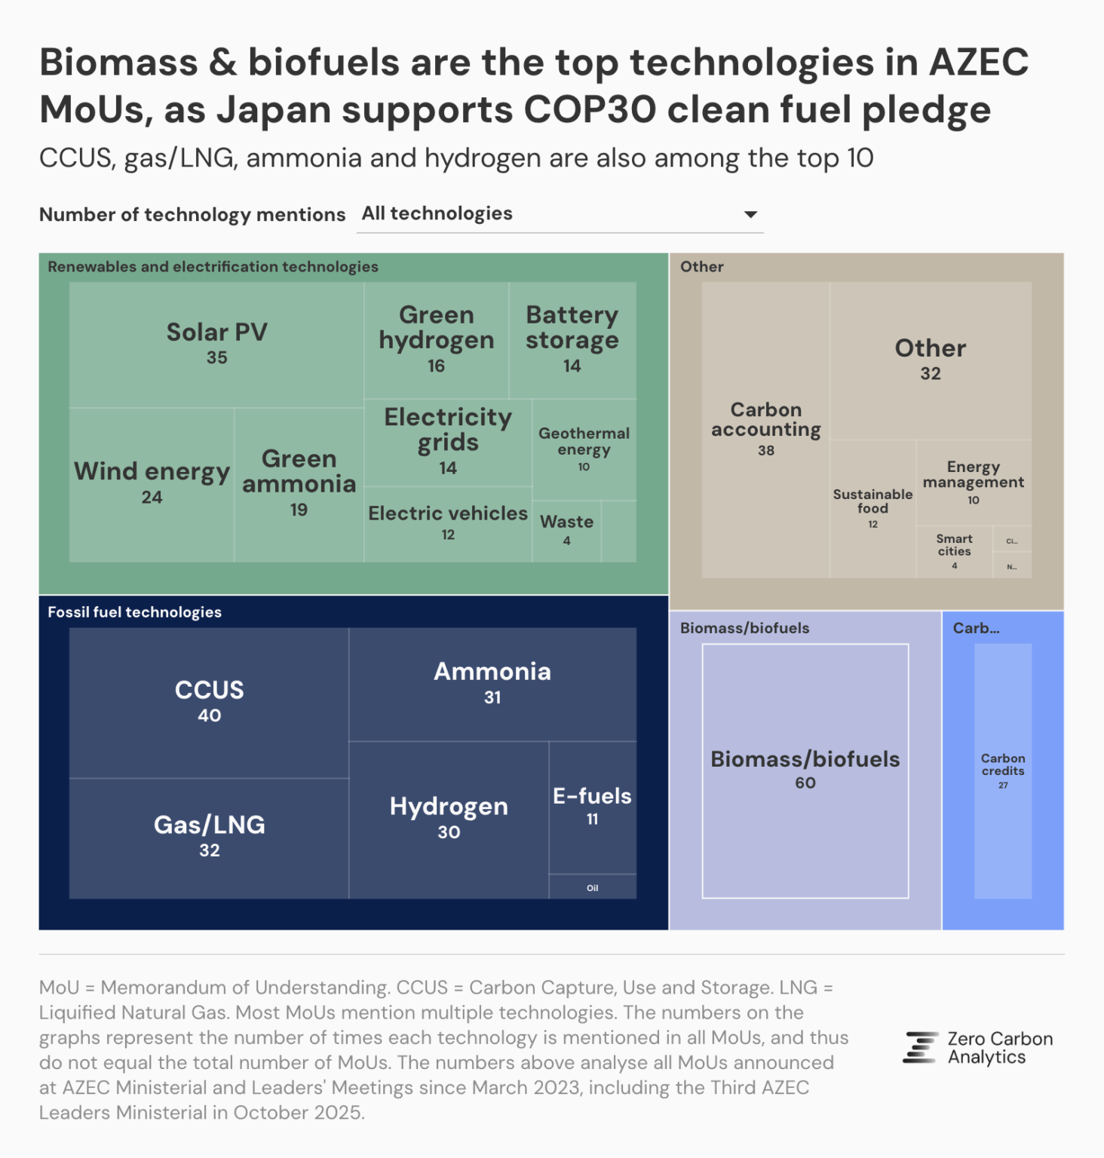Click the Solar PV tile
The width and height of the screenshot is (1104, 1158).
(216, 344)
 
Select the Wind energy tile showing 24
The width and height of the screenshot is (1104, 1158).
(152, 483)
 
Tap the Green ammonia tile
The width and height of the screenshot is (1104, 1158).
(299, 483)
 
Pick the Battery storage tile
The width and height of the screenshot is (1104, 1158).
(572, 339)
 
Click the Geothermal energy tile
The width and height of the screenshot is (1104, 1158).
(584, 449)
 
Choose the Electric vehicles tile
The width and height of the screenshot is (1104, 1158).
(448, 522)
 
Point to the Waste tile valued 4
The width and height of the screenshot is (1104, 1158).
(566, 530)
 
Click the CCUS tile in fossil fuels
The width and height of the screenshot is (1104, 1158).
(209, 701)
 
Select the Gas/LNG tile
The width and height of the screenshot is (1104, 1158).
(209, 836)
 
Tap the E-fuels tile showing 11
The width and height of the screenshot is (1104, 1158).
(592, 806)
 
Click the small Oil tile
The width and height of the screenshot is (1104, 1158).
(593, 887)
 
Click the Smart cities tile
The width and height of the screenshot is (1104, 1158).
(954, 551)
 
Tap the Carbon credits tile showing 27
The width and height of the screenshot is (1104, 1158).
(1003, 770)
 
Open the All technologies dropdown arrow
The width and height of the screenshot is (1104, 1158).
(750, 215)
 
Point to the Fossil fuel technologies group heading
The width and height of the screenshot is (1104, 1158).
(134, 612)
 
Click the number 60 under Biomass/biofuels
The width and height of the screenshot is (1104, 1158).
(805, 783)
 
